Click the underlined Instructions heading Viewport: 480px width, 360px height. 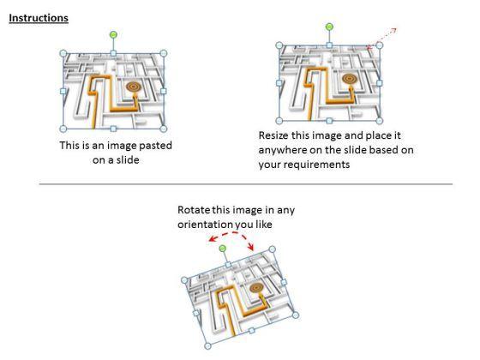pyautogui.click(x=39, y=18)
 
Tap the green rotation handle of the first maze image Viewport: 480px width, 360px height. pyautogui.click(x=113, y=34)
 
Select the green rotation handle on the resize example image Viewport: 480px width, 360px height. pyautogui.click(x=329, y=27)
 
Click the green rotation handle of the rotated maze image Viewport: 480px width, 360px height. pyautogui.click(x=223, y=248)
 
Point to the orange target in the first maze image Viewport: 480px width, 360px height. pyautogui.click(x=134, y=87)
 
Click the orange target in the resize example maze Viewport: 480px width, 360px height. pyautogui.click(x=350, y=79)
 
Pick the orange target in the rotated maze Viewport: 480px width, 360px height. pyautogui.click(x=256, y=288)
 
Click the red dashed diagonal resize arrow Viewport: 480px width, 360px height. pyautogui.click(x=382, y=39)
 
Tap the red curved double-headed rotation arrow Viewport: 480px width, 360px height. pyautogui.click(x=231, y=234)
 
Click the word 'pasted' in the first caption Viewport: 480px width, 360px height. pyautogui.click(x=155, y=146)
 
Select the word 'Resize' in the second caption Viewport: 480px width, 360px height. pyautogui.click(x=273, y=135)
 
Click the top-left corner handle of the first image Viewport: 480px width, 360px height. pyautogui.click(x=63, y=53)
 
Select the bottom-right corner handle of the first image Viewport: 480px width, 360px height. pyautogui.click(x=164, y=129)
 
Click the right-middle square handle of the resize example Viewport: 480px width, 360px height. pyautogui.click(x=379, y=83)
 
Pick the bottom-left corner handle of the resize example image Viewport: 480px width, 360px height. pyautogui.click(x=279, y=121)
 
